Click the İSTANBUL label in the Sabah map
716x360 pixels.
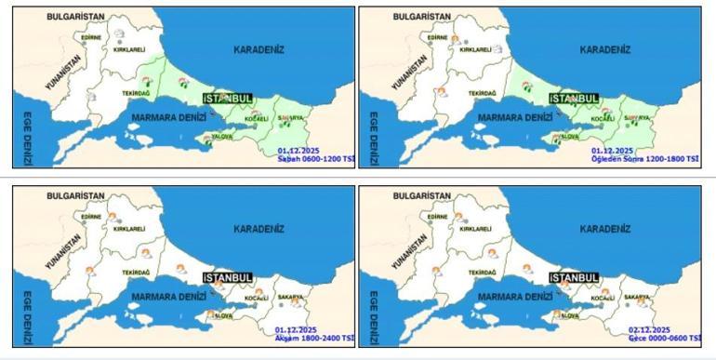228,99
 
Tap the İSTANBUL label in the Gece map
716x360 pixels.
574,277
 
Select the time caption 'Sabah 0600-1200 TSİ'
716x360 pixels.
316,159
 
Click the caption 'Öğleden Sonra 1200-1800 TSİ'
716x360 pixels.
645,159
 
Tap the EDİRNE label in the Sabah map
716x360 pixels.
91,37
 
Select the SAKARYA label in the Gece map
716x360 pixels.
636,297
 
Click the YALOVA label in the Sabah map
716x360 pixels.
221,137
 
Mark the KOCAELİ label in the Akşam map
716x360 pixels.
256,299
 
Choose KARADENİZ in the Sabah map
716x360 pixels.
258,50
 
